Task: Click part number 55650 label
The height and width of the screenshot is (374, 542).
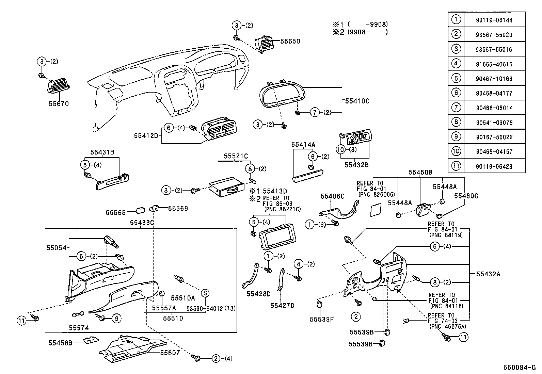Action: click(290, 41)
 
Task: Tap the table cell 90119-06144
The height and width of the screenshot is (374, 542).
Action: click(494, 20)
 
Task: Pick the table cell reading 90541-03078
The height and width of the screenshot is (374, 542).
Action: click(494, 123)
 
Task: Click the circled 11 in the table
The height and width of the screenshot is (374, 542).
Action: click(456, 166)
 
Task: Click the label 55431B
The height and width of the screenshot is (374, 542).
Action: click(102, 152)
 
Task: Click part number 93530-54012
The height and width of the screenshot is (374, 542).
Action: click(206, 308)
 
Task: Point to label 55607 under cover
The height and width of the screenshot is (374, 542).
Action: click(170, 353)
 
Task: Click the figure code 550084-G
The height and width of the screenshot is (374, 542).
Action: click(521, 368)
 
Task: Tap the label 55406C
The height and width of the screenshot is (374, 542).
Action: click(332, 196)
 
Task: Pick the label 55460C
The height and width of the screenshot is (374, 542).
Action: click(466, 196)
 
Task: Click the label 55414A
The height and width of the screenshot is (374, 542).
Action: click(303, 144)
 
